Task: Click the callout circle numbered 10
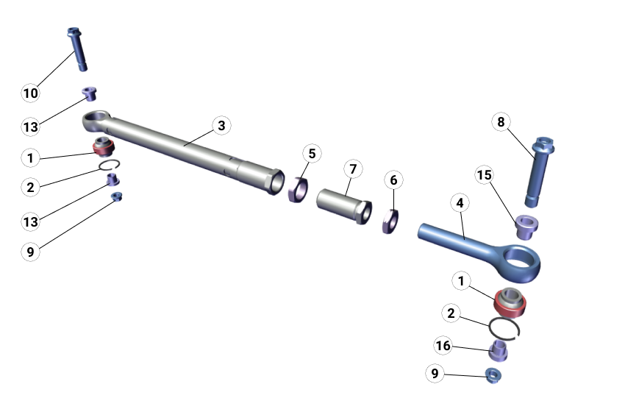(30, 93)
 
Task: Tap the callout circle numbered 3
(221, 125)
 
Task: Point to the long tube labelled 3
(184, 146)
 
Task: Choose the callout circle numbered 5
(312, 154)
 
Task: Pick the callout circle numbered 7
(353, 169)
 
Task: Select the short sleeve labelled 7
(343, 205)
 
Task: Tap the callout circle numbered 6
(393, 180)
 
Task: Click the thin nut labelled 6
(390, 220)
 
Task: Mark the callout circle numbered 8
(501, 122)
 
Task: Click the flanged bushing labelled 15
(526, 226)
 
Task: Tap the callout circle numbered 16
(443, 346)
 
